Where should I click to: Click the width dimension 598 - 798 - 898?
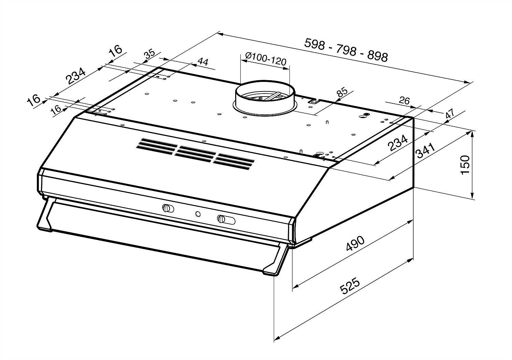(x=346, y=50)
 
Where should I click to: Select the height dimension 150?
(x=465, y=165)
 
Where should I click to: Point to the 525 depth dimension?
(x=350, y=286)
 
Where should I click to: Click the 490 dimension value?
(x=355, y=243)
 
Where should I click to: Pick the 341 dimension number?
(x=426, y=150)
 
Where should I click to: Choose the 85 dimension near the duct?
(x=342, y=92)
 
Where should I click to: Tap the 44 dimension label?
(x=203, y=62)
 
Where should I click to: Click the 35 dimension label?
(x=150, y=55)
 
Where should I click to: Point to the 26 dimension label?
(x=404, y=101)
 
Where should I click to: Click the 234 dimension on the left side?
(x=75, y=76)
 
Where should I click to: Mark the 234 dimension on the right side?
(x=398, y=143)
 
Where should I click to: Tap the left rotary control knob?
(x=168, y=208)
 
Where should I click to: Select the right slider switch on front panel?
(x=226, y=219)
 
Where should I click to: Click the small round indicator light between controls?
(x=198, y=214)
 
